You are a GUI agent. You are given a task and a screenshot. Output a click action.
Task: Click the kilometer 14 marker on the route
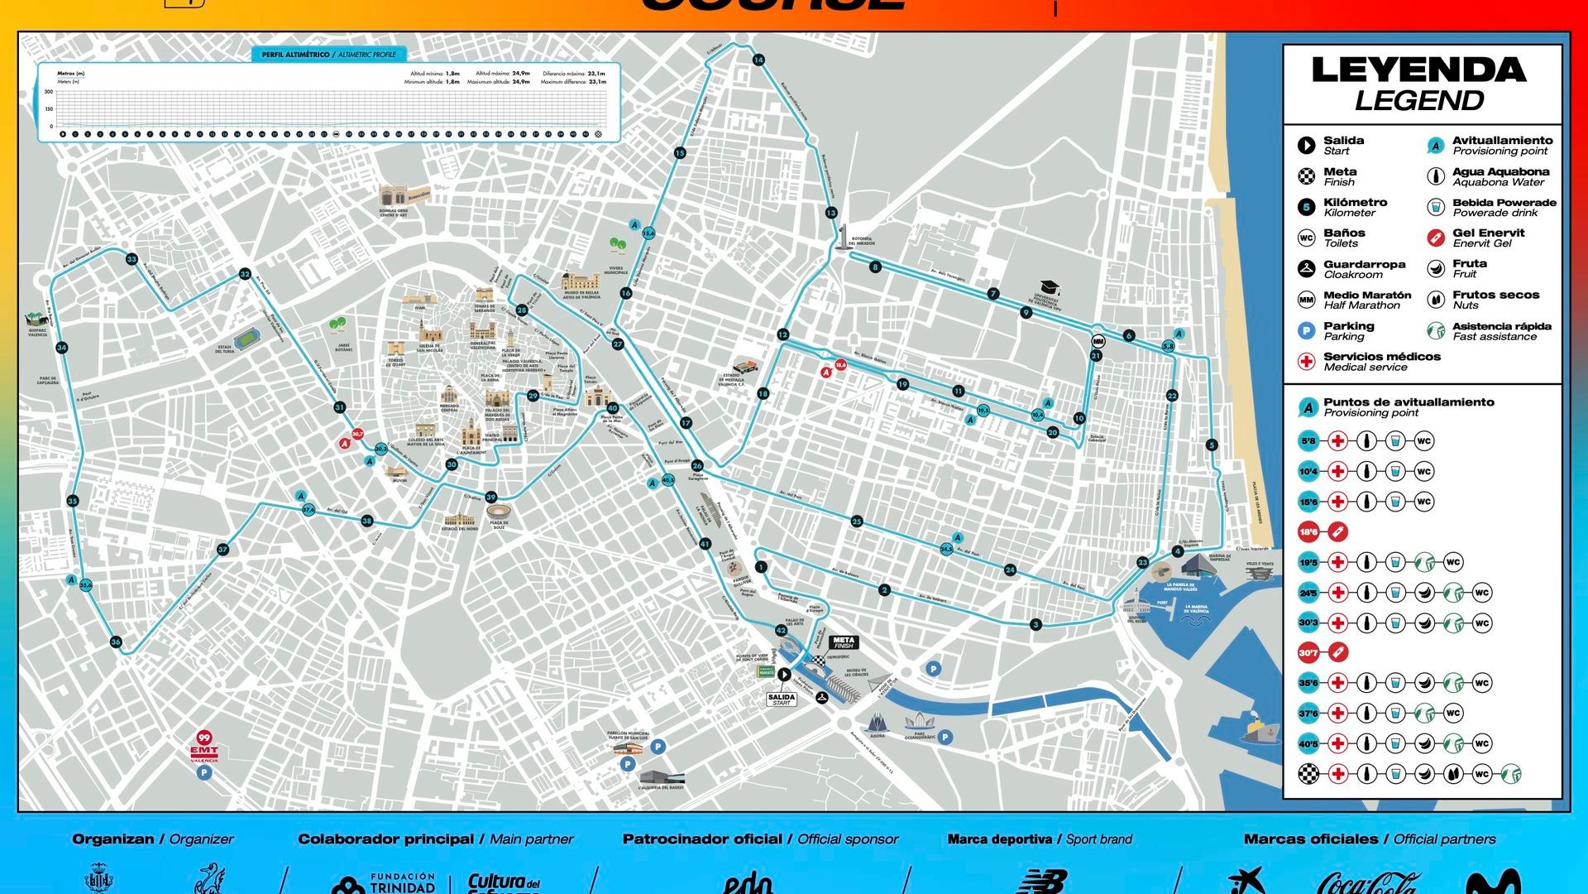click(758, 60)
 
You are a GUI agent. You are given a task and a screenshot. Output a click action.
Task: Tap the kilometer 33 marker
click(132, 259)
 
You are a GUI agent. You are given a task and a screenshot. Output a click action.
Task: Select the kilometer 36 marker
click(116, 642)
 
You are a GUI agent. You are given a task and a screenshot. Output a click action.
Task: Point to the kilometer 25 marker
click(857, 521)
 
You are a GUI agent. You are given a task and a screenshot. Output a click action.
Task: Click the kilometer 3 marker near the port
click(1036, 624)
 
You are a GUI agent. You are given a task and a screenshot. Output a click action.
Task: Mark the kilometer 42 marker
click(781, 631)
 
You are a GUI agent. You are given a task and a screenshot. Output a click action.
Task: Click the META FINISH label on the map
click(844, 642)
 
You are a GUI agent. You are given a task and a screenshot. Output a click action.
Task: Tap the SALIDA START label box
click(782, 699)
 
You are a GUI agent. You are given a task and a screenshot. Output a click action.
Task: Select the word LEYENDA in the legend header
click(1418, 70)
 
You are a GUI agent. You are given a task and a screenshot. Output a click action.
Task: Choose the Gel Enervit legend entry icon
click(1436, 238)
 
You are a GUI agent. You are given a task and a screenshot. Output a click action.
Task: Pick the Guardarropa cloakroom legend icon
click(1307, 268)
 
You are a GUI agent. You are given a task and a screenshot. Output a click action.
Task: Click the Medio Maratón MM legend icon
click(1307, 300)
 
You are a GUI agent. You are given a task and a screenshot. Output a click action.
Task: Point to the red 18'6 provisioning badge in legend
click(1308, 532)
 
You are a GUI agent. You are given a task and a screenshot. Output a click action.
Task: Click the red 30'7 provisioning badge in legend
click(1308, 653)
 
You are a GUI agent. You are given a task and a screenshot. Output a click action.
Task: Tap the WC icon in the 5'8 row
click(1423, 441)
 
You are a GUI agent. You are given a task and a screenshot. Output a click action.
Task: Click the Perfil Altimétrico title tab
click(328, 55)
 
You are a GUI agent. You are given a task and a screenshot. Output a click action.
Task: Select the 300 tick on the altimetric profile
click(49, 92)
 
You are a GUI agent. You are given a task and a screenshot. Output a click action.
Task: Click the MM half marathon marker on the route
click(1098, 341)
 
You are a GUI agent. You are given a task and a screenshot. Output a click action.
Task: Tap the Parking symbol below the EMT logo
click(204, 773)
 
